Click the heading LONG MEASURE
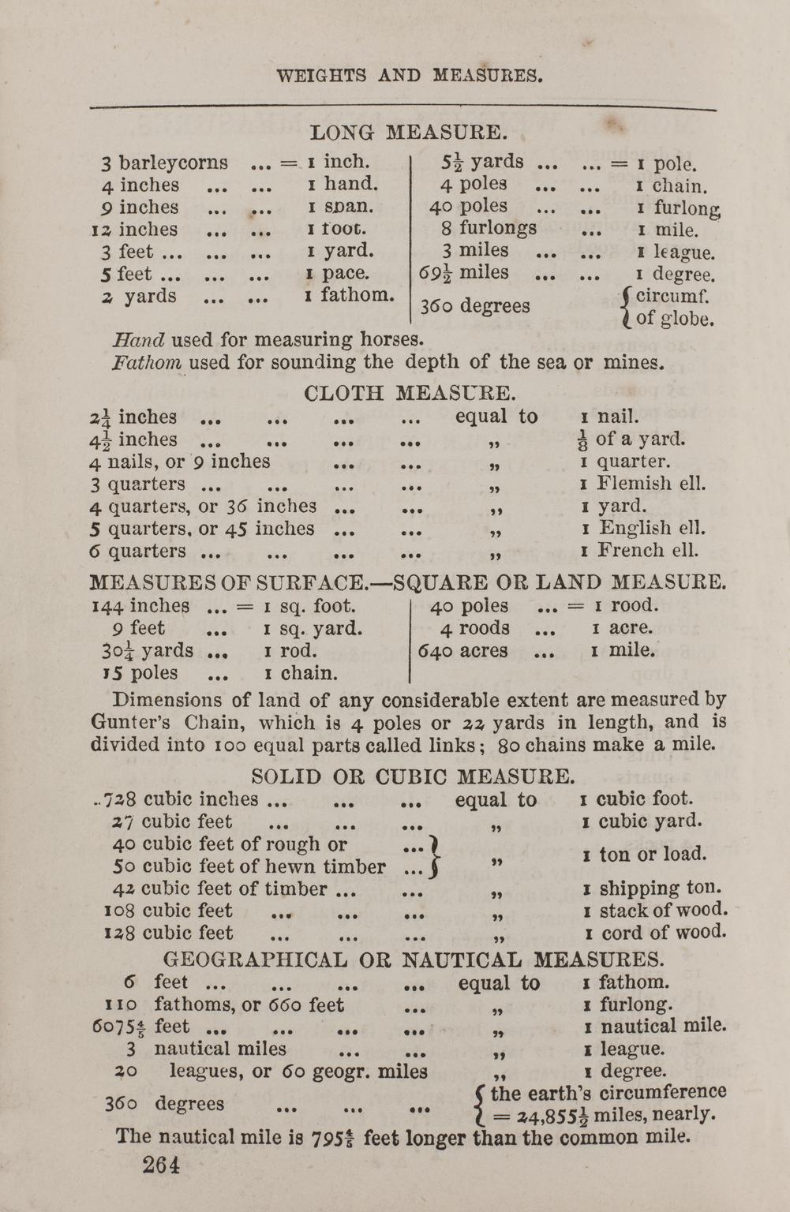point(408,132)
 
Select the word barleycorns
point(174,163)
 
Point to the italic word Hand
point(139,341)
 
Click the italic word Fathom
point(148,363)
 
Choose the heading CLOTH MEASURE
point(410,392)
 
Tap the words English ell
point(651,527)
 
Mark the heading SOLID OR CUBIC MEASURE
point(413,776)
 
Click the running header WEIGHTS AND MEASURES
point(410,76)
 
